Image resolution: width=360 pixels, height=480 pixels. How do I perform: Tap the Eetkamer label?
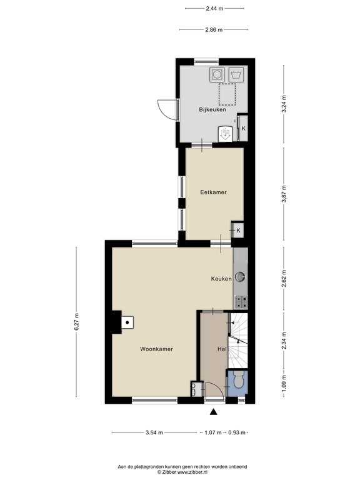click(x=213, y=192)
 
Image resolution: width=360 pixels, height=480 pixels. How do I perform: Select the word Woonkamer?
click(x=156, y=349)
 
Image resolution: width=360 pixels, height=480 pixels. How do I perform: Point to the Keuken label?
click(x=221, y=279)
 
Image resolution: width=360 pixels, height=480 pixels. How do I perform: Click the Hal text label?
click(x=221, y=349)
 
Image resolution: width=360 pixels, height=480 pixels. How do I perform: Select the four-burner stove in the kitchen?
click(x=241, y=302)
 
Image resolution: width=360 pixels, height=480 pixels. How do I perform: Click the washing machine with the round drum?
click(x=216, y=74)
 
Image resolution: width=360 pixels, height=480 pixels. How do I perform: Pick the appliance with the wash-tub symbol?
click(x=237, y=74)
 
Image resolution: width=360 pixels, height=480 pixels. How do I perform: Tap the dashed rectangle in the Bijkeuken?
click(x=227, y=95)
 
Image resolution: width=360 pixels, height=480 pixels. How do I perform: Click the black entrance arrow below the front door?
click(x=214, y=412)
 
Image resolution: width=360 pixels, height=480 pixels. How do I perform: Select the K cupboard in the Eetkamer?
click(x=238, y=231)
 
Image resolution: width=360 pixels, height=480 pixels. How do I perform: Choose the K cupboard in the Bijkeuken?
click(x=243, y=128)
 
